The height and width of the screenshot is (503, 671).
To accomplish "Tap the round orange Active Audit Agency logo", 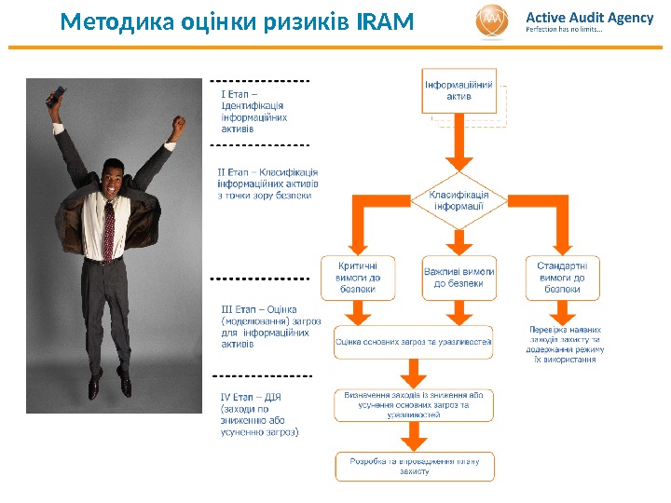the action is click(x=493, y=21).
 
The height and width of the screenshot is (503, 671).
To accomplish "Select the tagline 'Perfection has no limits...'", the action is click(x=565, y=30).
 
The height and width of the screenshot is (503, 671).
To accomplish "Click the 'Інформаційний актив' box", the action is click(x=459, y=90).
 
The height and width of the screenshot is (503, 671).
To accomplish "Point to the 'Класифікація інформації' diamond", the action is click(x=459, y=200).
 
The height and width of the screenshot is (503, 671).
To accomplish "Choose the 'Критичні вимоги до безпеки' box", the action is click(x=357, y=277).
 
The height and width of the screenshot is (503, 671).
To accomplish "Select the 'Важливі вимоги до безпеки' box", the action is click(x=459, y=277).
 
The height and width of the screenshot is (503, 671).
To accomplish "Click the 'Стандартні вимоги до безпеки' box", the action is click(x=562, y=277).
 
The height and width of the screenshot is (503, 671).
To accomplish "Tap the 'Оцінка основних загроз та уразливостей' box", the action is click(x=413, y=342).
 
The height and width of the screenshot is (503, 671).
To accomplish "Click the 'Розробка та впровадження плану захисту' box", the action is click(x=413, y=466).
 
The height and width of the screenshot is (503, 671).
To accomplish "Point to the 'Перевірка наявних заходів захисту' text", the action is click(x=565, y=344).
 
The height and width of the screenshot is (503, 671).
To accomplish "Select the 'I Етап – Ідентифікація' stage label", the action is click(x=253, y=111).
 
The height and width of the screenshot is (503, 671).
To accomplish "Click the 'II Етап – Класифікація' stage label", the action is click(x=267, y=184).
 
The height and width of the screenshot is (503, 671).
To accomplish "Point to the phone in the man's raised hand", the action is click(x=59, y=92).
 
